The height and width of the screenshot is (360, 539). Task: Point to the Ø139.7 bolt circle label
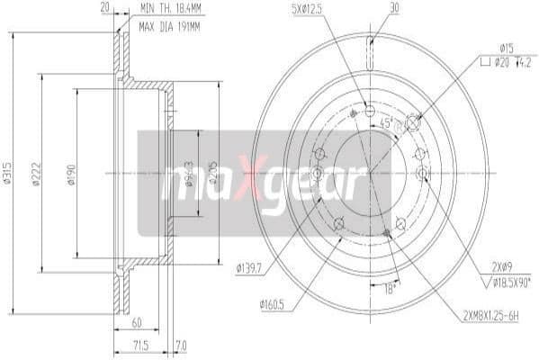point(251,266)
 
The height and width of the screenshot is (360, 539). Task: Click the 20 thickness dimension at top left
point(105,7)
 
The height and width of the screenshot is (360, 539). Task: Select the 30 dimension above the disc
point(394,9)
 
